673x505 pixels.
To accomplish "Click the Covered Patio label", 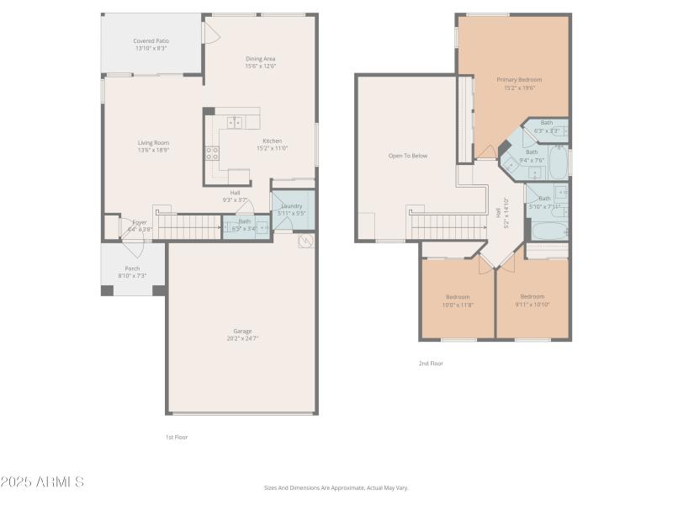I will pyautogui.click(x=151, y=40).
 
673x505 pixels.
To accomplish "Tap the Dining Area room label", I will pyautogui.click(x=261, y=59).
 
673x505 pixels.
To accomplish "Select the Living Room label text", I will pyautogui.click(x=154, y=143).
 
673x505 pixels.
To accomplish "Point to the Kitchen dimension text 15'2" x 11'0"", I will pyautogui.click(x=273, y=148).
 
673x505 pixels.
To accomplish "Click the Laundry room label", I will pyautogui.click(x=292, y=205).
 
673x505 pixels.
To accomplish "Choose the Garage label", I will pyautogui.click(x=242, y=331).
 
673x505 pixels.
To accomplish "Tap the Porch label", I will pyautogui.click(x=133, y=268).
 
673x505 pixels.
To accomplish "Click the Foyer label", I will pyautogui.click(x=139, y=222).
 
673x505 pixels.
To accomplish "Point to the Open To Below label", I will pyautogui.click(x=408, y=156).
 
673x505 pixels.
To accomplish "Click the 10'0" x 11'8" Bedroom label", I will pyautogui.click(x=458, y=296).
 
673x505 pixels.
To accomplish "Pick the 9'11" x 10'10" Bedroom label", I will pyautogui.click(x=532, y=296).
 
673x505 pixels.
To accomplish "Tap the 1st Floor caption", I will pyautogui.click(x=177, y=437).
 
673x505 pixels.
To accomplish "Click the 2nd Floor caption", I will pyautogui.click(x=431, y=364).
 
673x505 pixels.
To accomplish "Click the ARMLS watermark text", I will pyautogui.click(x=42, y=482).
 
